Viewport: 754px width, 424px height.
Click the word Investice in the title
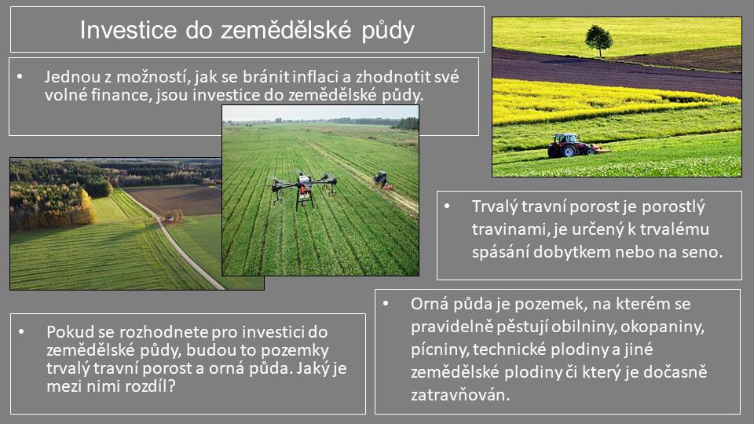128,30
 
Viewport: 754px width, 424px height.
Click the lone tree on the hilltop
598,40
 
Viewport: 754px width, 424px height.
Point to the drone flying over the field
303,188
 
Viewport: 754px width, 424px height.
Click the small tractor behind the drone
382,180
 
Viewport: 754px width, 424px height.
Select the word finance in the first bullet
121,95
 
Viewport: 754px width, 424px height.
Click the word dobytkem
573,252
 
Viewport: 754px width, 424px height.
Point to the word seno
702,253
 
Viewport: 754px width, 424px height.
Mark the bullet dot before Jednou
20,76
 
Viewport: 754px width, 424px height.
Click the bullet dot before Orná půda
386,304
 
